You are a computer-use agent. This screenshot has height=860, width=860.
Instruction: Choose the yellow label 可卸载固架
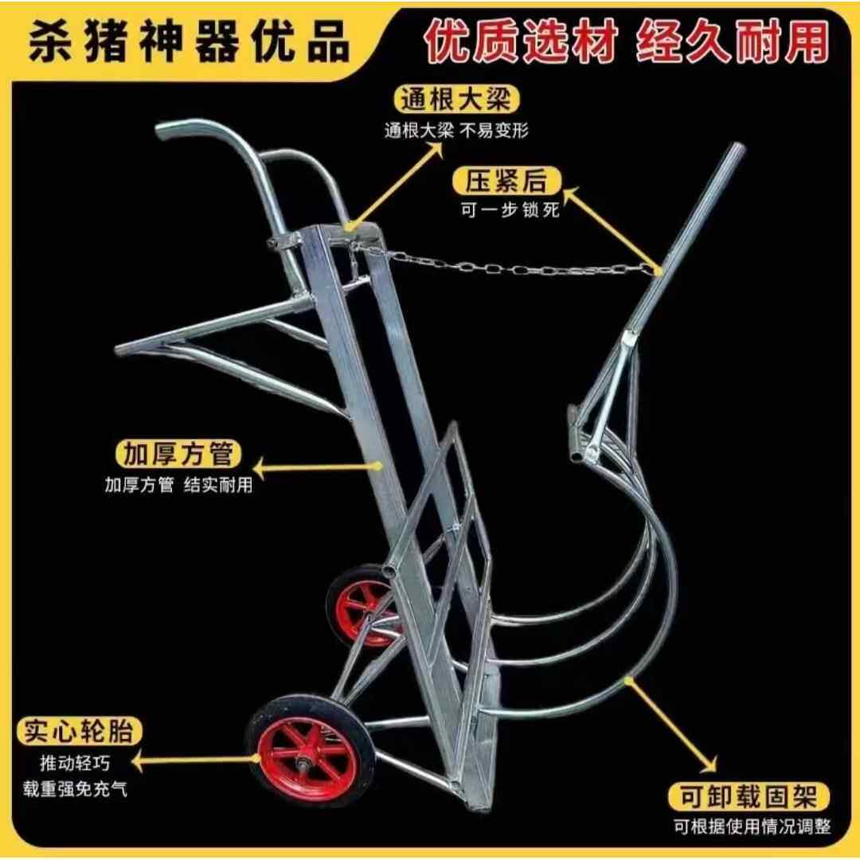749,795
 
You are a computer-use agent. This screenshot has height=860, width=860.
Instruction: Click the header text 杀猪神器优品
189,43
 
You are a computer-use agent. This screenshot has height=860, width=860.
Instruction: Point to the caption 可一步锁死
510,211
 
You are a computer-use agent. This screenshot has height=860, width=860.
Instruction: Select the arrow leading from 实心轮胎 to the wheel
195,761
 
